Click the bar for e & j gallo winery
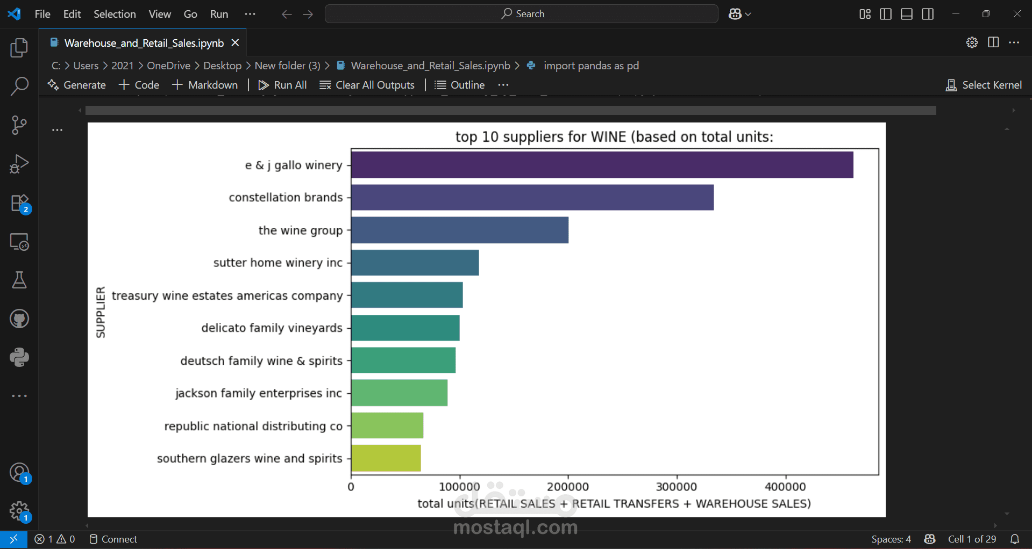pyautogui.click(x=602, y=165)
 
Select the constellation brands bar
pyautogui.click(x=532, y=198)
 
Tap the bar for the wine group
pyautogui.click(x=460, y=230)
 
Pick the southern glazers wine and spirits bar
pyautogui.click(x=386, y=458)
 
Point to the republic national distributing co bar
pyautogui.click(x=387, y=425)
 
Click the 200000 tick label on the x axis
pyautogui.click(x=568, y=487)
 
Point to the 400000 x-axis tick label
pyautogui.click(x=785, y=487)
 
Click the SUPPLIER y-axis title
pyautogui.click(x=101, y=312)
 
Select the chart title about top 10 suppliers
pyautogui.click(x=614, y=137)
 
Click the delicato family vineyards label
pyautogui.click(x=272, y=328)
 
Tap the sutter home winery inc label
pyautogui.click(x=277, y=263)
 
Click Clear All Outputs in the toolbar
pyautogui.click(x=367, y=85)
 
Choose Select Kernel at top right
pyautogui.click(x=984, y=85)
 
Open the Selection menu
pyautogui.click(x=115, y=14)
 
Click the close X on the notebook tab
pyautogui.click(x=235, y=42)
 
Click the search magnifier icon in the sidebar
pyautogui.click(x=19, y=86)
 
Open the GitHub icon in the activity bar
pyautogui.click(x=19, y=319)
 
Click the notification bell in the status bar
pyautogui.click(x=1015, y=539)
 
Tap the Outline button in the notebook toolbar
pyautogui.click(x=460, y=85)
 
